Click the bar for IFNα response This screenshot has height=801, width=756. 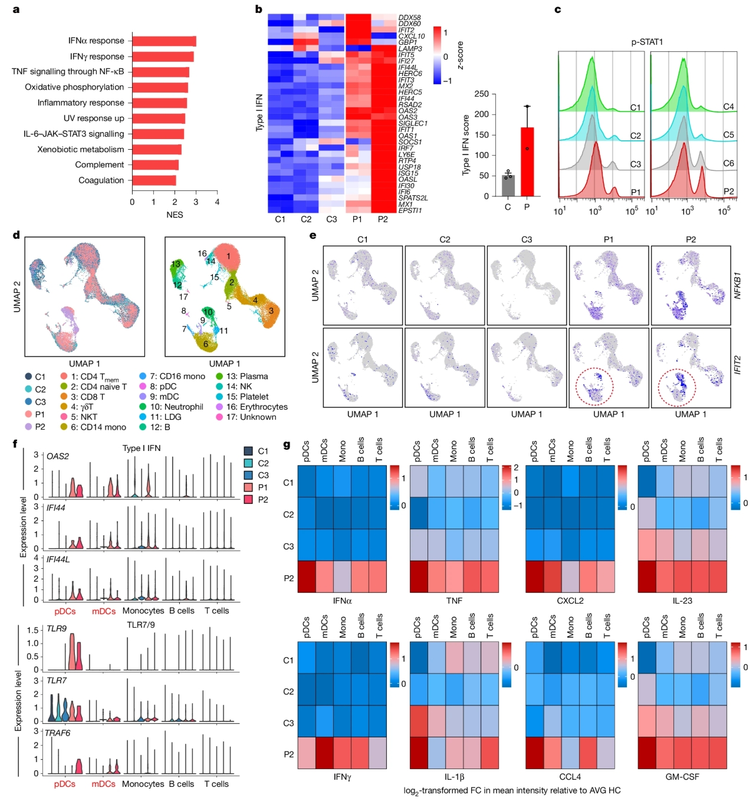pyautogui.click(x=164, y=41)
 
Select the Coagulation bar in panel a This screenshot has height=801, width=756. pyautogui.click(x=154, y=180)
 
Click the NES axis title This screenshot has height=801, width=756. pyautogui.click(x=175, y=215)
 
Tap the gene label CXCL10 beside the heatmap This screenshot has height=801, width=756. pyautogui.click(x=411, y=37)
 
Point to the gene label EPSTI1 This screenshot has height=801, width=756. pyautogui.click(x=410, y=210)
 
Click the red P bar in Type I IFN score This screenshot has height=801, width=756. pyautogui.click(x=527, y=161)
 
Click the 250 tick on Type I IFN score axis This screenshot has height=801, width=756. pyautogui.click(x=481, y=94)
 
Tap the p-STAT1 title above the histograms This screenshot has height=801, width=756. pyautogui.click(x=647, y=42)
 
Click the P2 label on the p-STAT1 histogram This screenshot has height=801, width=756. pyautogui.click(x=728, y=192)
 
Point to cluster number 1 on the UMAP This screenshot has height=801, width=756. pyautogui.click(x=228, y=256)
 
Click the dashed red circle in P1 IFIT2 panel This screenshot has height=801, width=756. pyautogui.click(x=594, y=387)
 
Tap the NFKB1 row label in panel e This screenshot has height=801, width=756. pyautogui.click(x=737, y=285)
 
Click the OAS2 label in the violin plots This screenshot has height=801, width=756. pyautogui.click(x=58, y=456)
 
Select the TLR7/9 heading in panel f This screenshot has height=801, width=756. pyautogui.click(x=141, y=625)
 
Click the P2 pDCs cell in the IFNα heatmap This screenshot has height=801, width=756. pyautogui.click(x=306, y=576)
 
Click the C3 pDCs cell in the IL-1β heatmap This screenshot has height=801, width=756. pyautogui.click(x=418, y=721)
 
